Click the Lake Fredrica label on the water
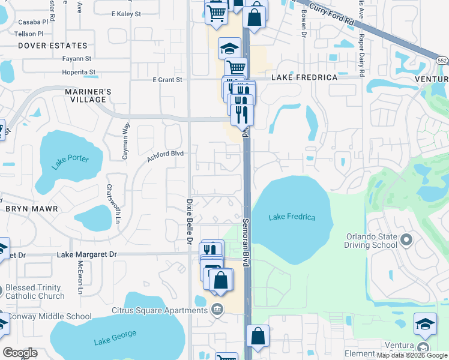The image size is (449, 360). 292,217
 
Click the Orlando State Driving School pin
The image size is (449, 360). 406,241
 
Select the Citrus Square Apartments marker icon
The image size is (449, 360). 217,310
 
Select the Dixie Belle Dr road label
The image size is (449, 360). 188,222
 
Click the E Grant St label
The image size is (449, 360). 167,79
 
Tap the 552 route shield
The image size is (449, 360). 442,61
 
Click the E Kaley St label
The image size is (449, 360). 126,13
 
